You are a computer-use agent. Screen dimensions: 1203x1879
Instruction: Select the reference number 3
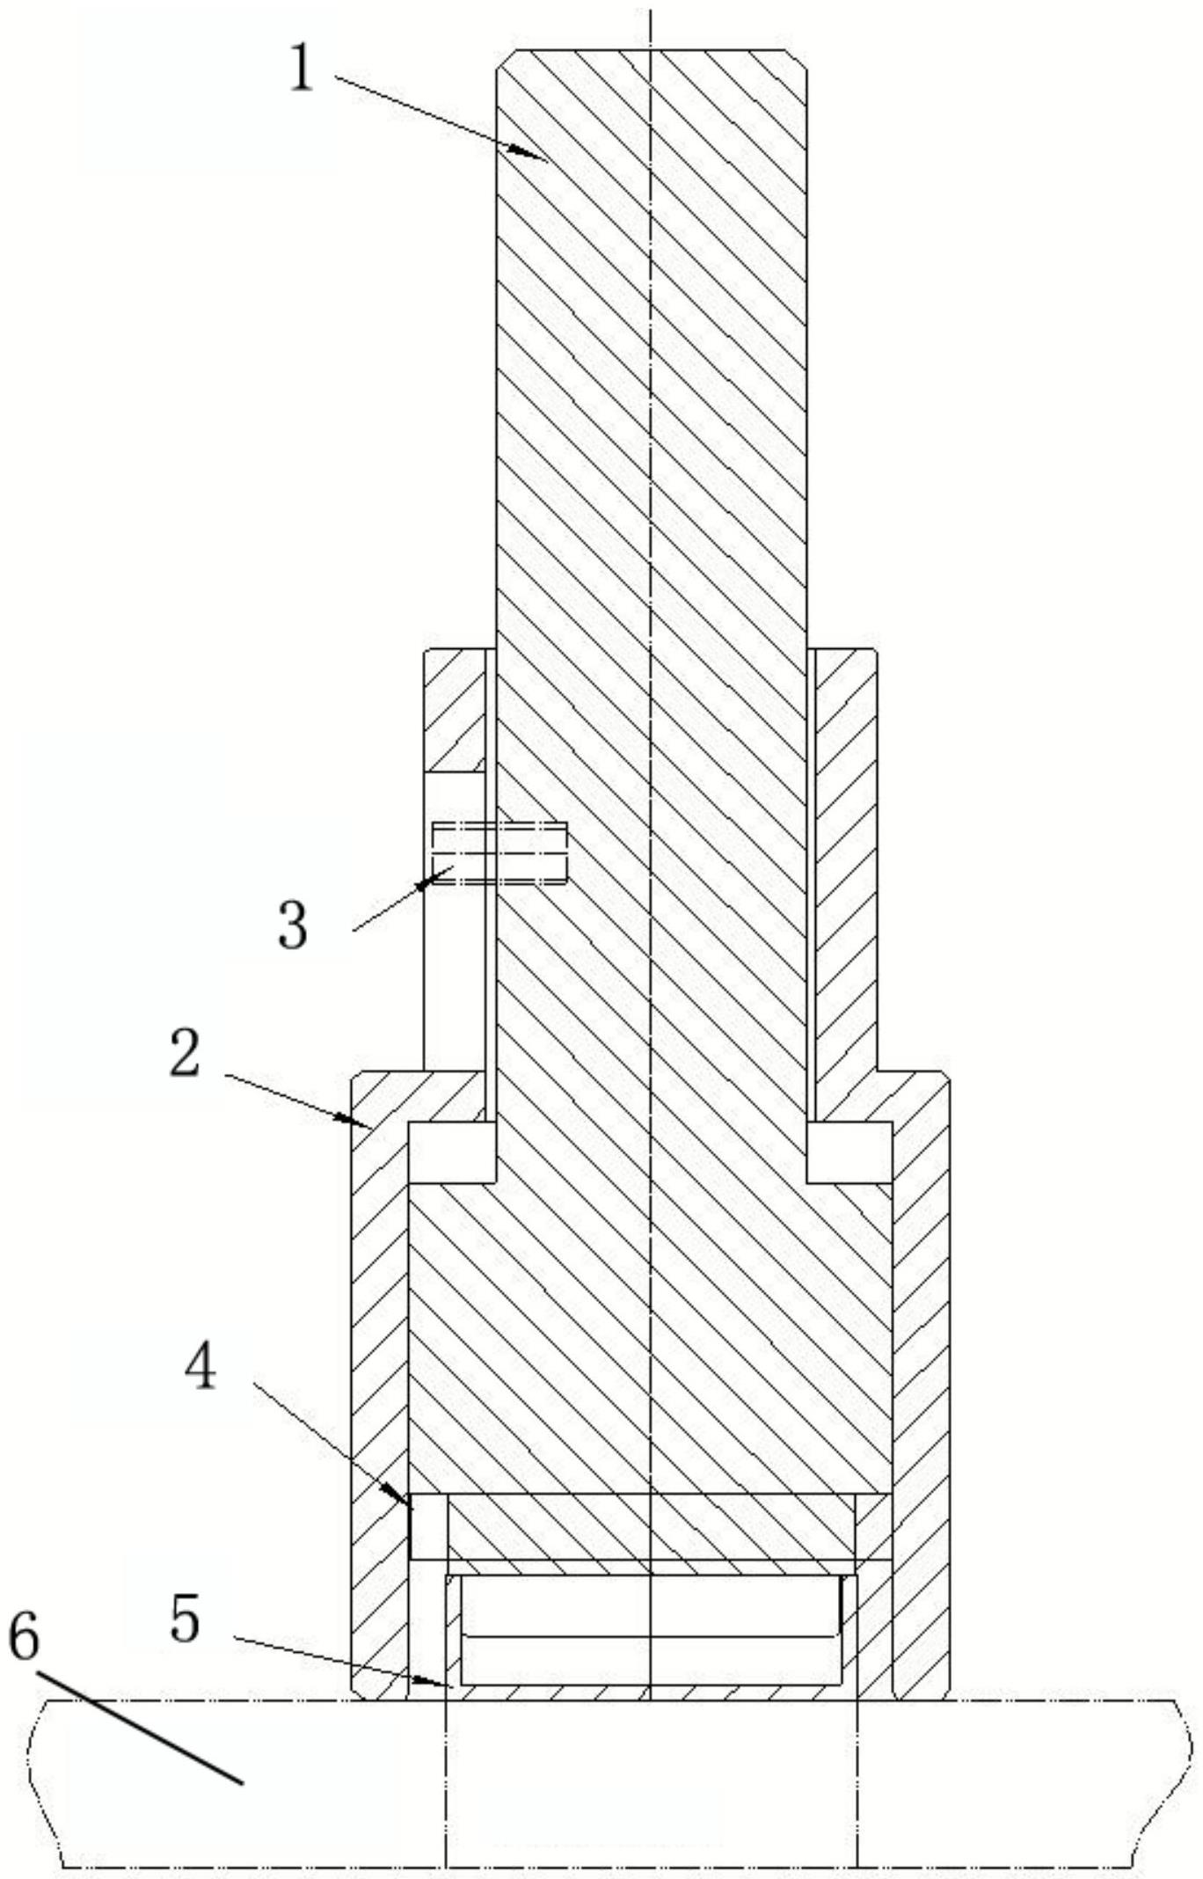click(293, 925)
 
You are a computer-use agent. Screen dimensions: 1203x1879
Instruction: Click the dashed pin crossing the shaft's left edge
click(499, 852)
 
